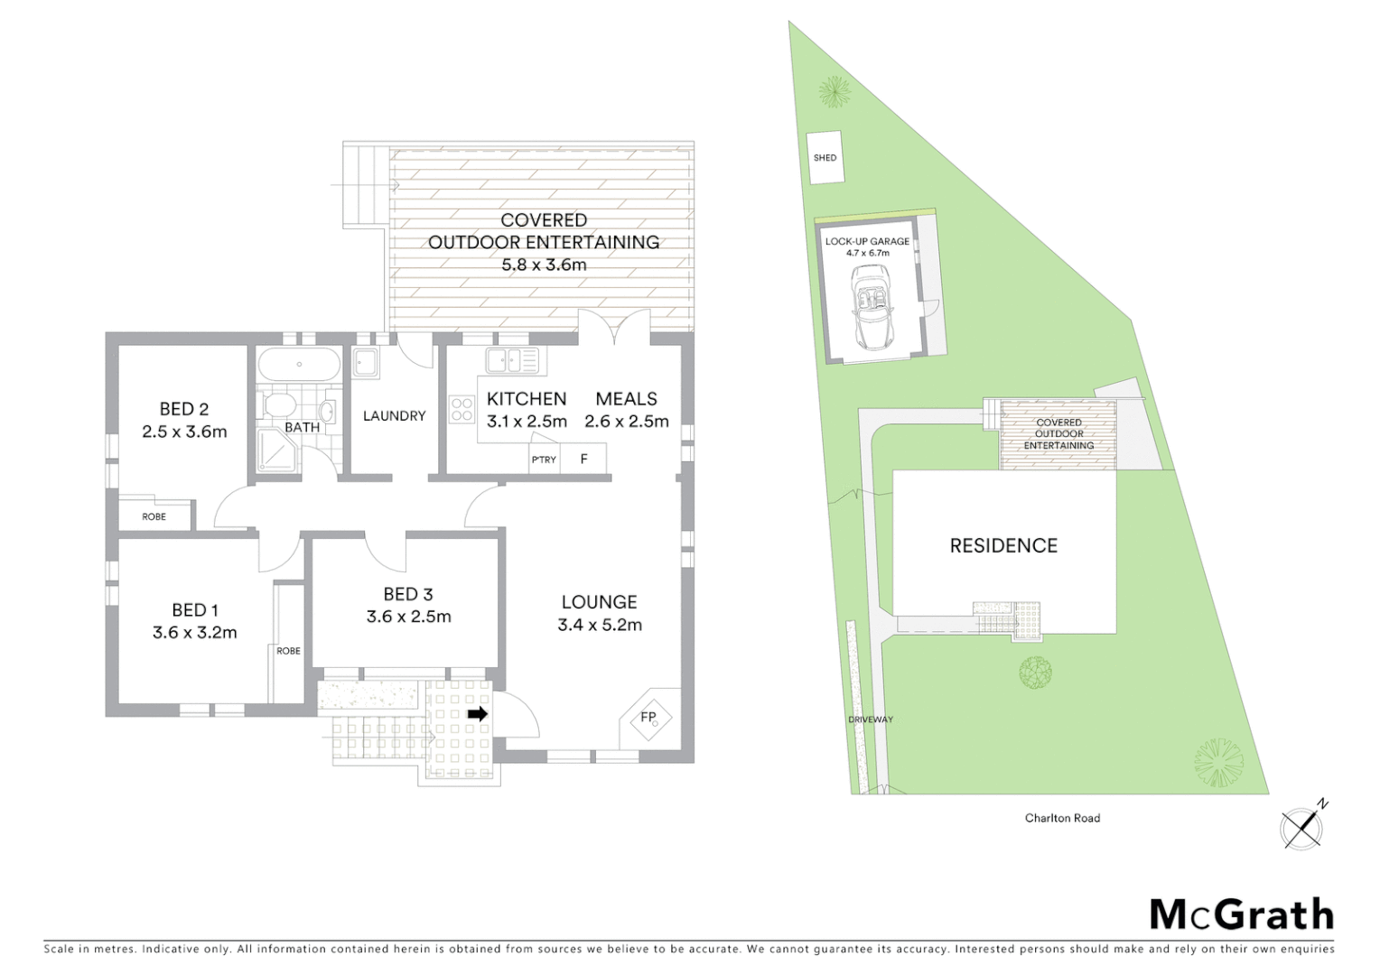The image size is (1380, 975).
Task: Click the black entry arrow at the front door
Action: (478, 714)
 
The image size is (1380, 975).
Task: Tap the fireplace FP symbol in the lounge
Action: (649, 718)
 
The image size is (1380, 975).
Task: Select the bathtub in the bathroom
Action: (299, 366)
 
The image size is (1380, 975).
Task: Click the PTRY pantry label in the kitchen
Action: (544, 460)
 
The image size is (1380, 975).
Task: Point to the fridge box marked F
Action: (583, 460)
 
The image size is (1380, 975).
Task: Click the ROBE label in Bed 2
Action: (154, 516)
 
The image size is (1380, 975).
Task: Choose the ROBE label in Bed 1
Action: (288, 651)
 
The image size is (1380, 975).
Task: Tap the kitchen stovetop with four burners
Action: (462, 409)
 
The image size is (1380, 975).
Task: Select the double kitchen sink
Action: (511, 360)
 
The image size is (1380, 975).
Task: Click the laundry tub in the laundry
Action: (366, 363)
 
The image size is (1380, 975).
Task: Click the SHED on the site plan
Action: (825, 158)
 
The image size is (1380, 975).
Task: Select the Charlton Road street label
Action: (1062, 818)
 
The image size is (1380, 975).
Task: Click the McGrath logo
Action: (1241, 915)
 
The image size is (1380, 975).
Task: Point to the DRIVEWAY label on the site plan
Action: (870, 720)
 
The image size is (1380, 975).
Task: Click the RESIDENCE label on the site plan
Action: (1003, 545)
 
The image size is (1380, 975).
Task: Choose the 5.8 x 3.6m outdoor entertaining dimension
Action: (544, 265)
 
